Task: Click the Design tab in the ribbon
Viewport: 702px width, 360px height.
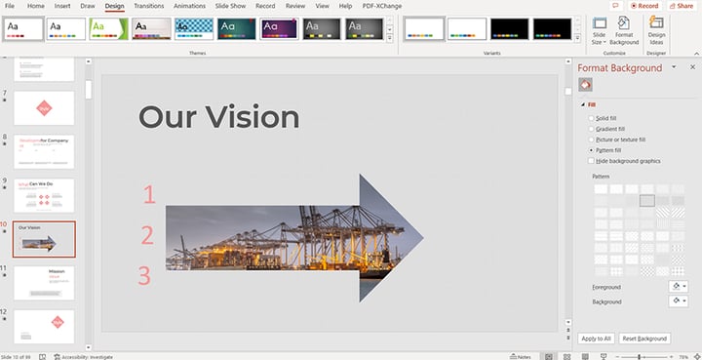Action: tap(114, 6)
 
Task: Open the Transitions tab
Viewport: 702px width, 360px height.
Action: tap(148, 6)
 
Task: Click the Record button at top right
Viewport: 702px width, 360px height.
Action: tap(644, 6)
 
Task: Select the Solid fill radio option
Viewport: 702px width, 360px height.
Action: tap(591, 118)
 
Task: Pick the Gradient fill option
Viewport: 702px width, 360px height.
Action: tap(591, 129)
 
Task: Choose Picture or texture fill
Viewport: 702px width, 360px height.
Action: tap(591, 140)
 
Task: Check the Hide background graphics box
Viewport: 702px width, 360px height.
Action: tap(591, 161)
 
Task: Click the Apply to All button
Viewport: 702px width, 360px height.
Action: tap(595, 339)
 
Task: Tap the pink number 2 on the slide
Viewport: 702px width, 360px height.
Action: tap(148, 235)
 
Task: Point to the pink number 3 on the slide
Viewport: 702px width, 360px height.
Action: tap(144, 276)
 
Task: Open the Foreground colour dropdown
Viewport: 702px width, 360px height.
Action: tap(678, 287)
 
